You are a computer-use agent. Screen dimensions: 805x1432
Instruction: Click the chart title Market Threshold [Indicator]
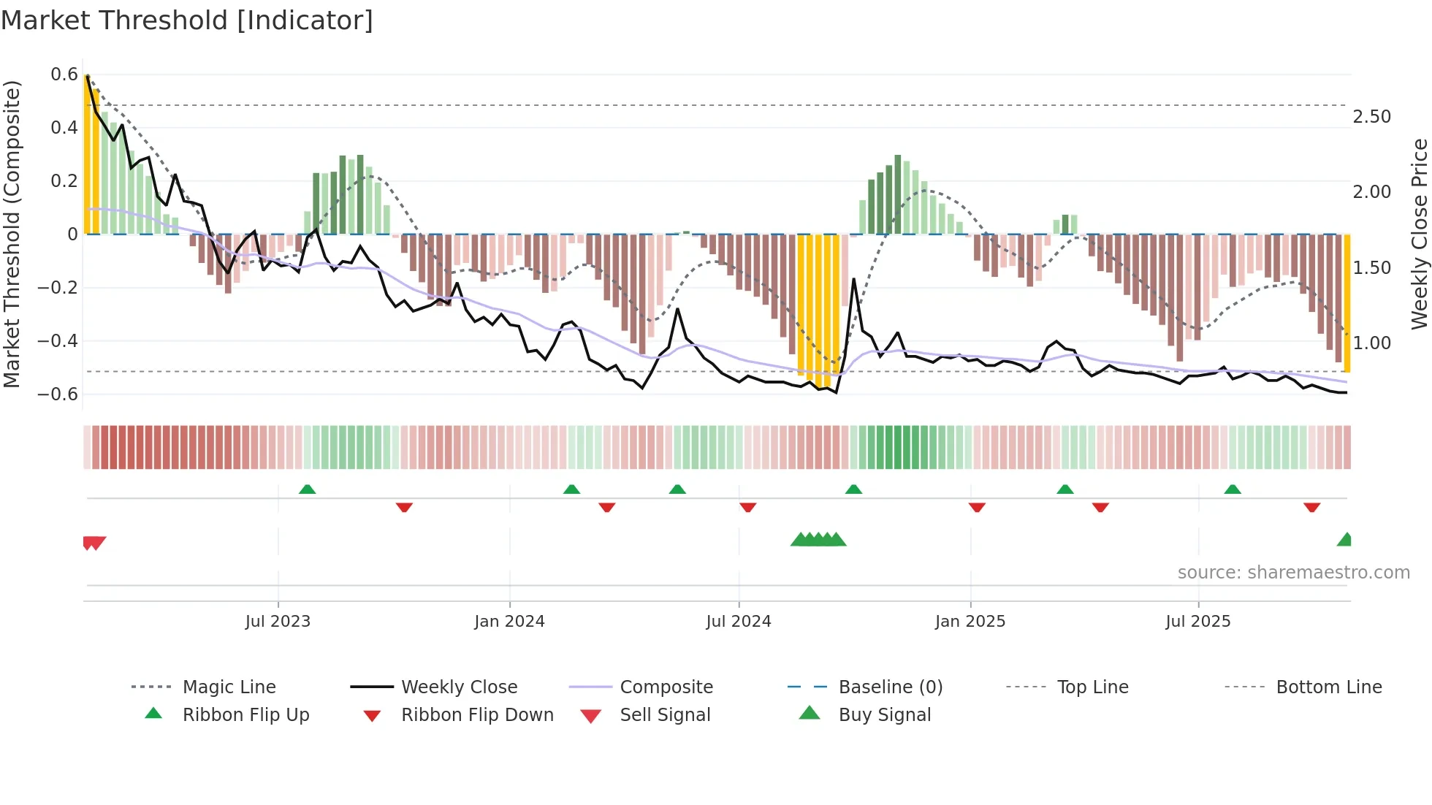pyautogui.click(x=187, y=20)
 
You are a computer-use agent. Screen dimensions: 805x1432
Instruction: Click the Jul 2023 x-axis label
pyautogui.click(x=278, y=622)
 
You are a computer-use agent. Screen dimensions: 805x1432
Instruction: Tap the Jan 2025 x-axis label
pyautogui.click(x=970, y=622)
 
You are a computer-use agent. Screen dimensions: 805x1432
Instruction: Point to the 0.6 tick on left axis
pyautogui.click(x=64, y=75)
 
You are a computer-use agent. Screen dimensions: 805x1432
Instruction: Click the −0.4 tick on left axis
pyautogui.click(x=58, y=341)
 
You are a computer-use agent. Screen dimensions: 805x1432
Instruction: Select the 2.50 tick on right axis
pyautogui.click(x=1371, y=117)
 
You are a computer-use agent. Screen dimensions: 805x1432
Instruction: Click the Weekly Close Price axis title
pyautogui.click(x=1419, y=234)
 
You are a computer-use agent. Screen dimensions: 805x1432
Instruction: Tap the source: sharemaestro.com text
pyautogui.click(x=1293, y=573)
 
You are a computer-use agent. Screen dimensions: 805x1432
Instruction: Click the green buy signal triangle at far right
pyautogui.click(x=1344, y=540)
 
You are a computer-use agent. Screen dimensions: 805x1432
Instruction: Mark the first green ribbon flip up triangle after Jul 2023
pyautogui.click(x=307, y=489)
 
